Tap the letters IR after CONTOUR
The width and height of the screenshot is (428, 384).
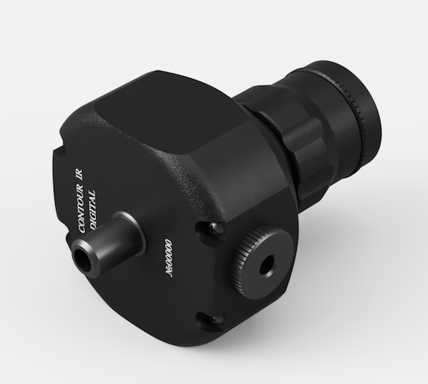(x=78, y=174)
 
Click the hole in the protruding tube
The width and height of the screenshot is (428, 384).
(x=81, y=258)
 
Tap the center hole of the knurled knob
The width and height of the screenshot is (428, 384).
(x=266, y=264)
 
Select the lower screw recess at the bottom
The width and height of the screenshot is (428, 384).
(x=210, y=319)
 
